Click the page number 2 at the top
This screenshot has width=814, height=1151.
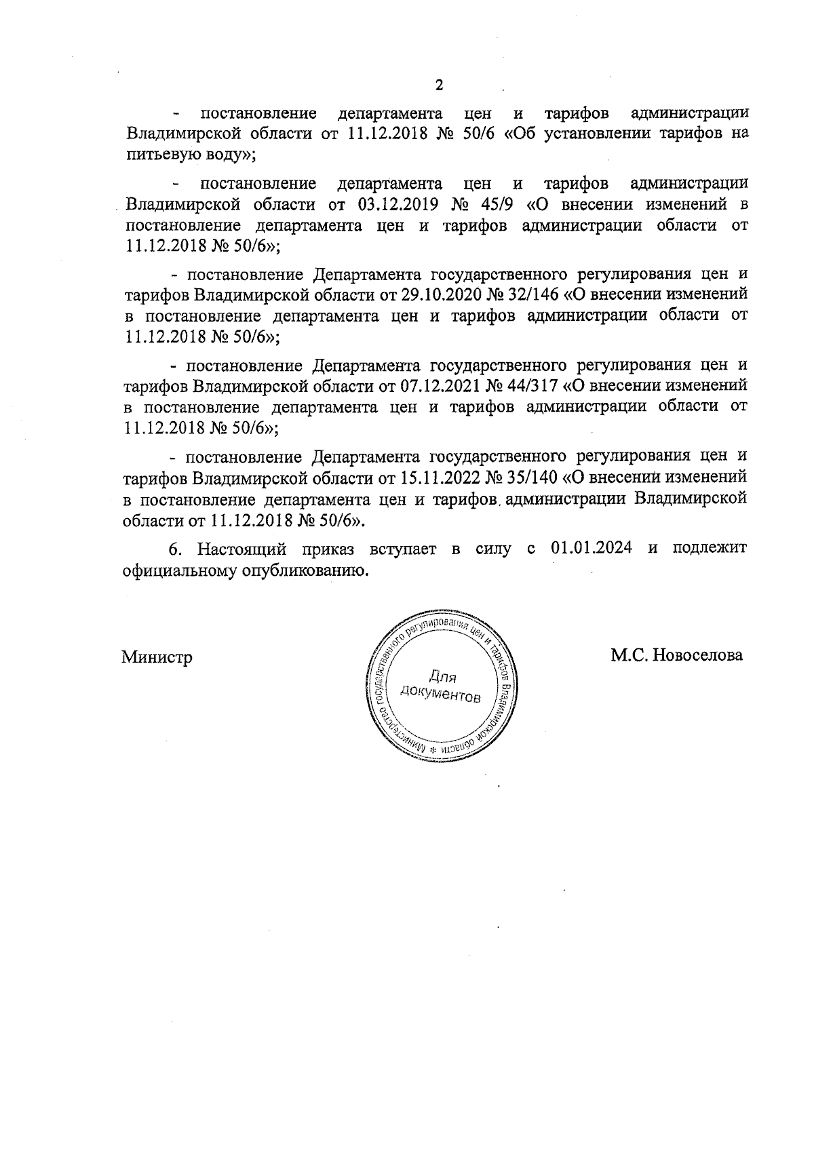(438, 85)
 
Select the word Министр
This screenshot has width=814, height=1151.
(157, 657)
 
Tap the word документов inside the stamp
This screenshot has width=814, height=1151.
(440, 694)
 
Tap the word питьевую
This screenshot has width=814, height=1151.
(157, 155)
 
